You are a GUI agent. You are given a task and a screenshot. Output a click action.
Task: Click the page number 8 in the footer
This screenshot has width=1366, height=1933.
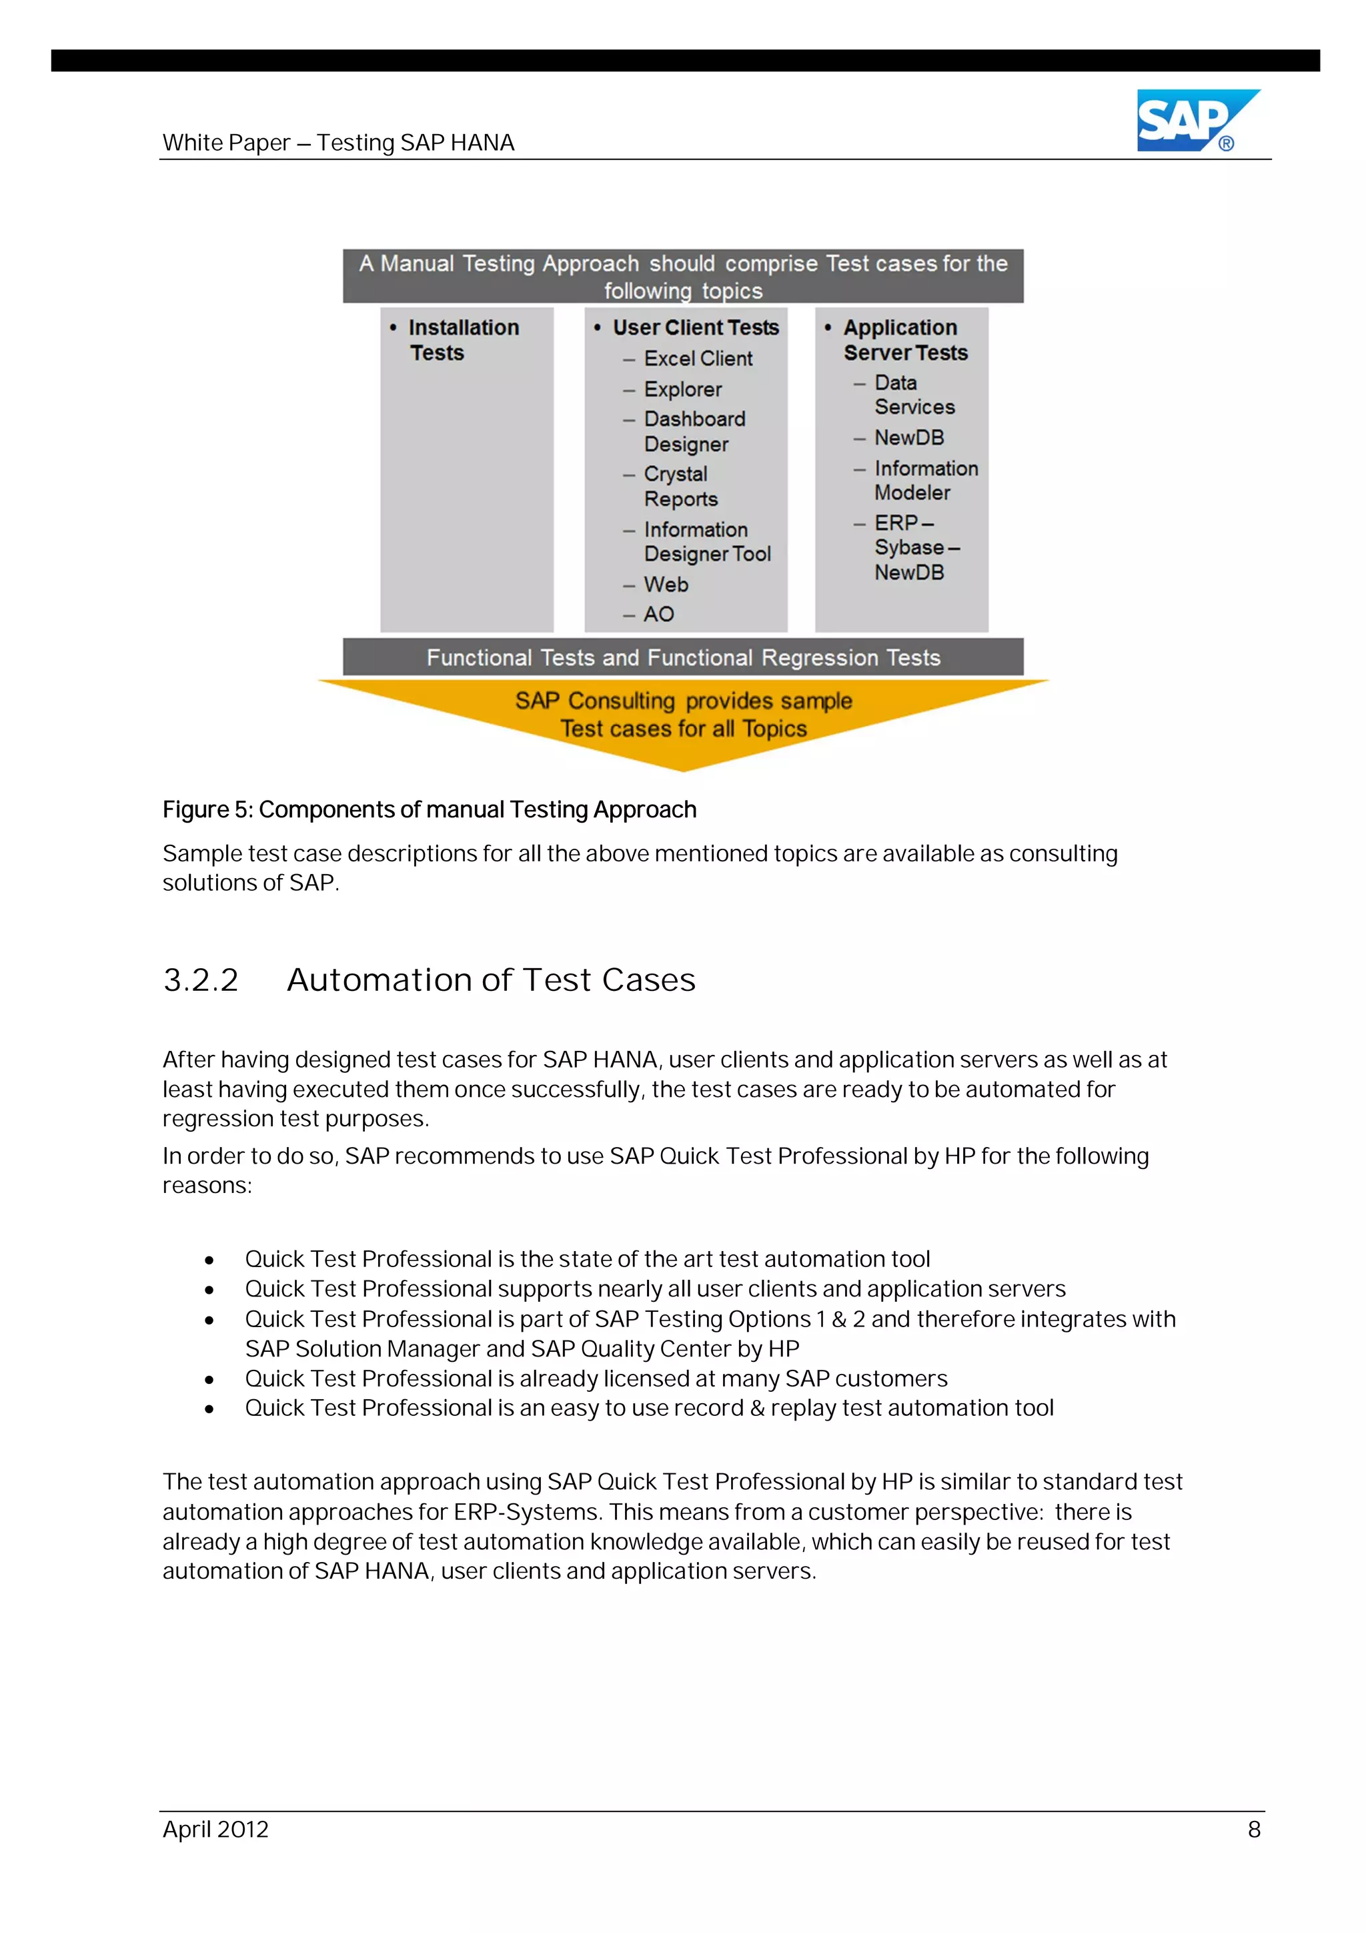[x=1253, y=1829]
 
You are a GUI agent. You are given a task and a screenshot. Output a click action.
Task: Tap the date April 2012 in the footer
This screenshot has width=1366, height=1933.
[x=215, y=1829]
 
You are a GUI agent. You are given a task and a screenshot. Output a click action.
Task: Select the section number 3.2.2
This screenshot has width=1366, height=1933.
[x=200, y=980]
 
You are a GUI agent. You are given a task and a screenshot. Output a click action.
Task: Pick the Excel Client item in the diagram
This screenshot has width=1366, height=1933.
[x=698, y=359]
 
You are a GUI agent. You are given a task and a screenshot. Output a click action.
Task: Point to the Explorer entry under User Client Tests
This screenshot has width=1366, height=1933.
[x=682, y=389]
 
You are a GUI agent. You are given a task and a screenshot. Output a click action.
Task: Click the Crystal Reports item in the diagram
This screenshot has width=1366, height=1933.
[x=680, y=486]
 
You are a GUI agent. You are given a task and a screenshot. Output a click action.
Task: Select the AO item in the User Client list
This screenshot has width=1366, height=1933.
[x=659, y=614]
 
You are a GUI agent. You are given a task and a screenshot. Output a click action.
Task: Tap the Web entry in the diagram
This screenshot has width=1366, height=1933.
[x=666, y=585]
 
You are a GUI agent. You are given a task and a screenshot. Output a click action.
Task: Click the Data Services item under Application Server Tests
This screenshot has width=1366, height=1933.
[x=913, y=394]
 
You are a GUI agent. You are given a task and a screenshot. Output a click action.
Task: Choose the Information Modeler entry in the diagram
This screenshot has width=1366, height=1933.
[x=925, y=480]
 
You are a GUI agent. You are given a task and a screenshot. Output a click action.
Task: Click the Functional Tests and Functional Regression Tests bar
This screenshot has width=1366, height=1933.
[x=682, y=657]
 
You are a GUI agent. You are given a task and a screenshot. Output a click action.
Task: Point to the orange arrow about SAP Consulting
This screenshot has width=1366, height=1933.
[x=682, y=715]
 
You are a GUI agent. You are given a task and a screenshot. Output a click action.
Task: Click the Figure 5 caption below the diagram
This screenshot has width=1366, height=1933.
[x=430, y=809]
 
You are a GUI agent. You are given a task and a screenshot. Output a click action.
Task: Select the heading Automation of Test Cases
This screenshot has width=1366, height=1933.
[x=491, y=980]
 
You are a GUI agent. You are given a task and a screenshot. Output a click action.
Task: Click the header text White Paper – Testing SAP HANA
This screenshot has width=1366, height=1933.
[x=337, y=142]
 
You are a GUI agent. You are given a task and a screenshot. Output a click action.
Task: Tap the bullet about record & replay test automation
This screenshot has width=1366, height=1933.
[x=648, y=1408]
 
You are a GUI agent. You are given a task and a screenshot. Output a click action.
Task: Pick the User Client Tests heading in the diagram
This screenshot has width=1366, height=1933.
[x=695, y=328]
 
